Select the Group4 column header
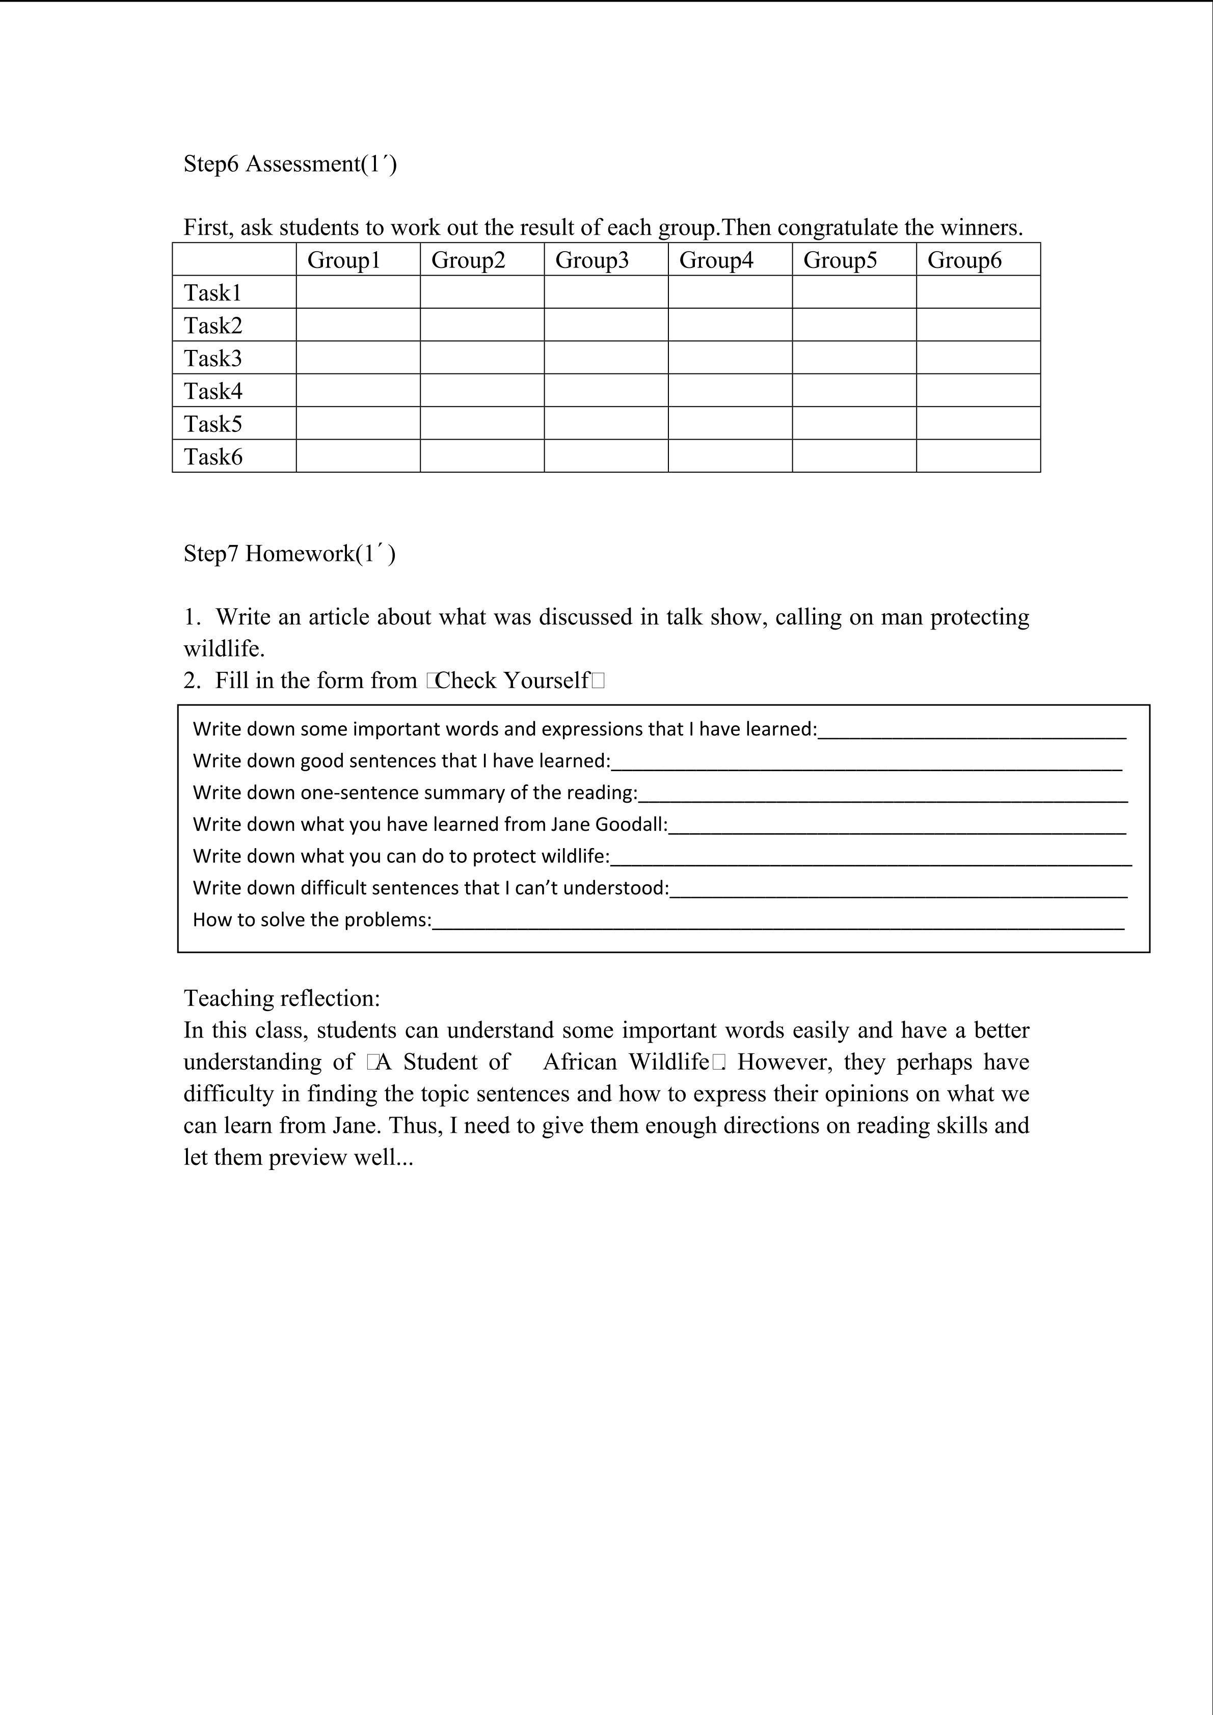point(716,260)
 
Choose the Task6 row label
point(213,456)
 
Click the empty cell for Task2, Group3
point(606,325)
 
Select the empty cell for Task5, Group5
point(854,423)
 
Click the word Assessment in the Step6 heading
point(303,164)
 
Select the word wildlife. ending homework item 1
point(224,648)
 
